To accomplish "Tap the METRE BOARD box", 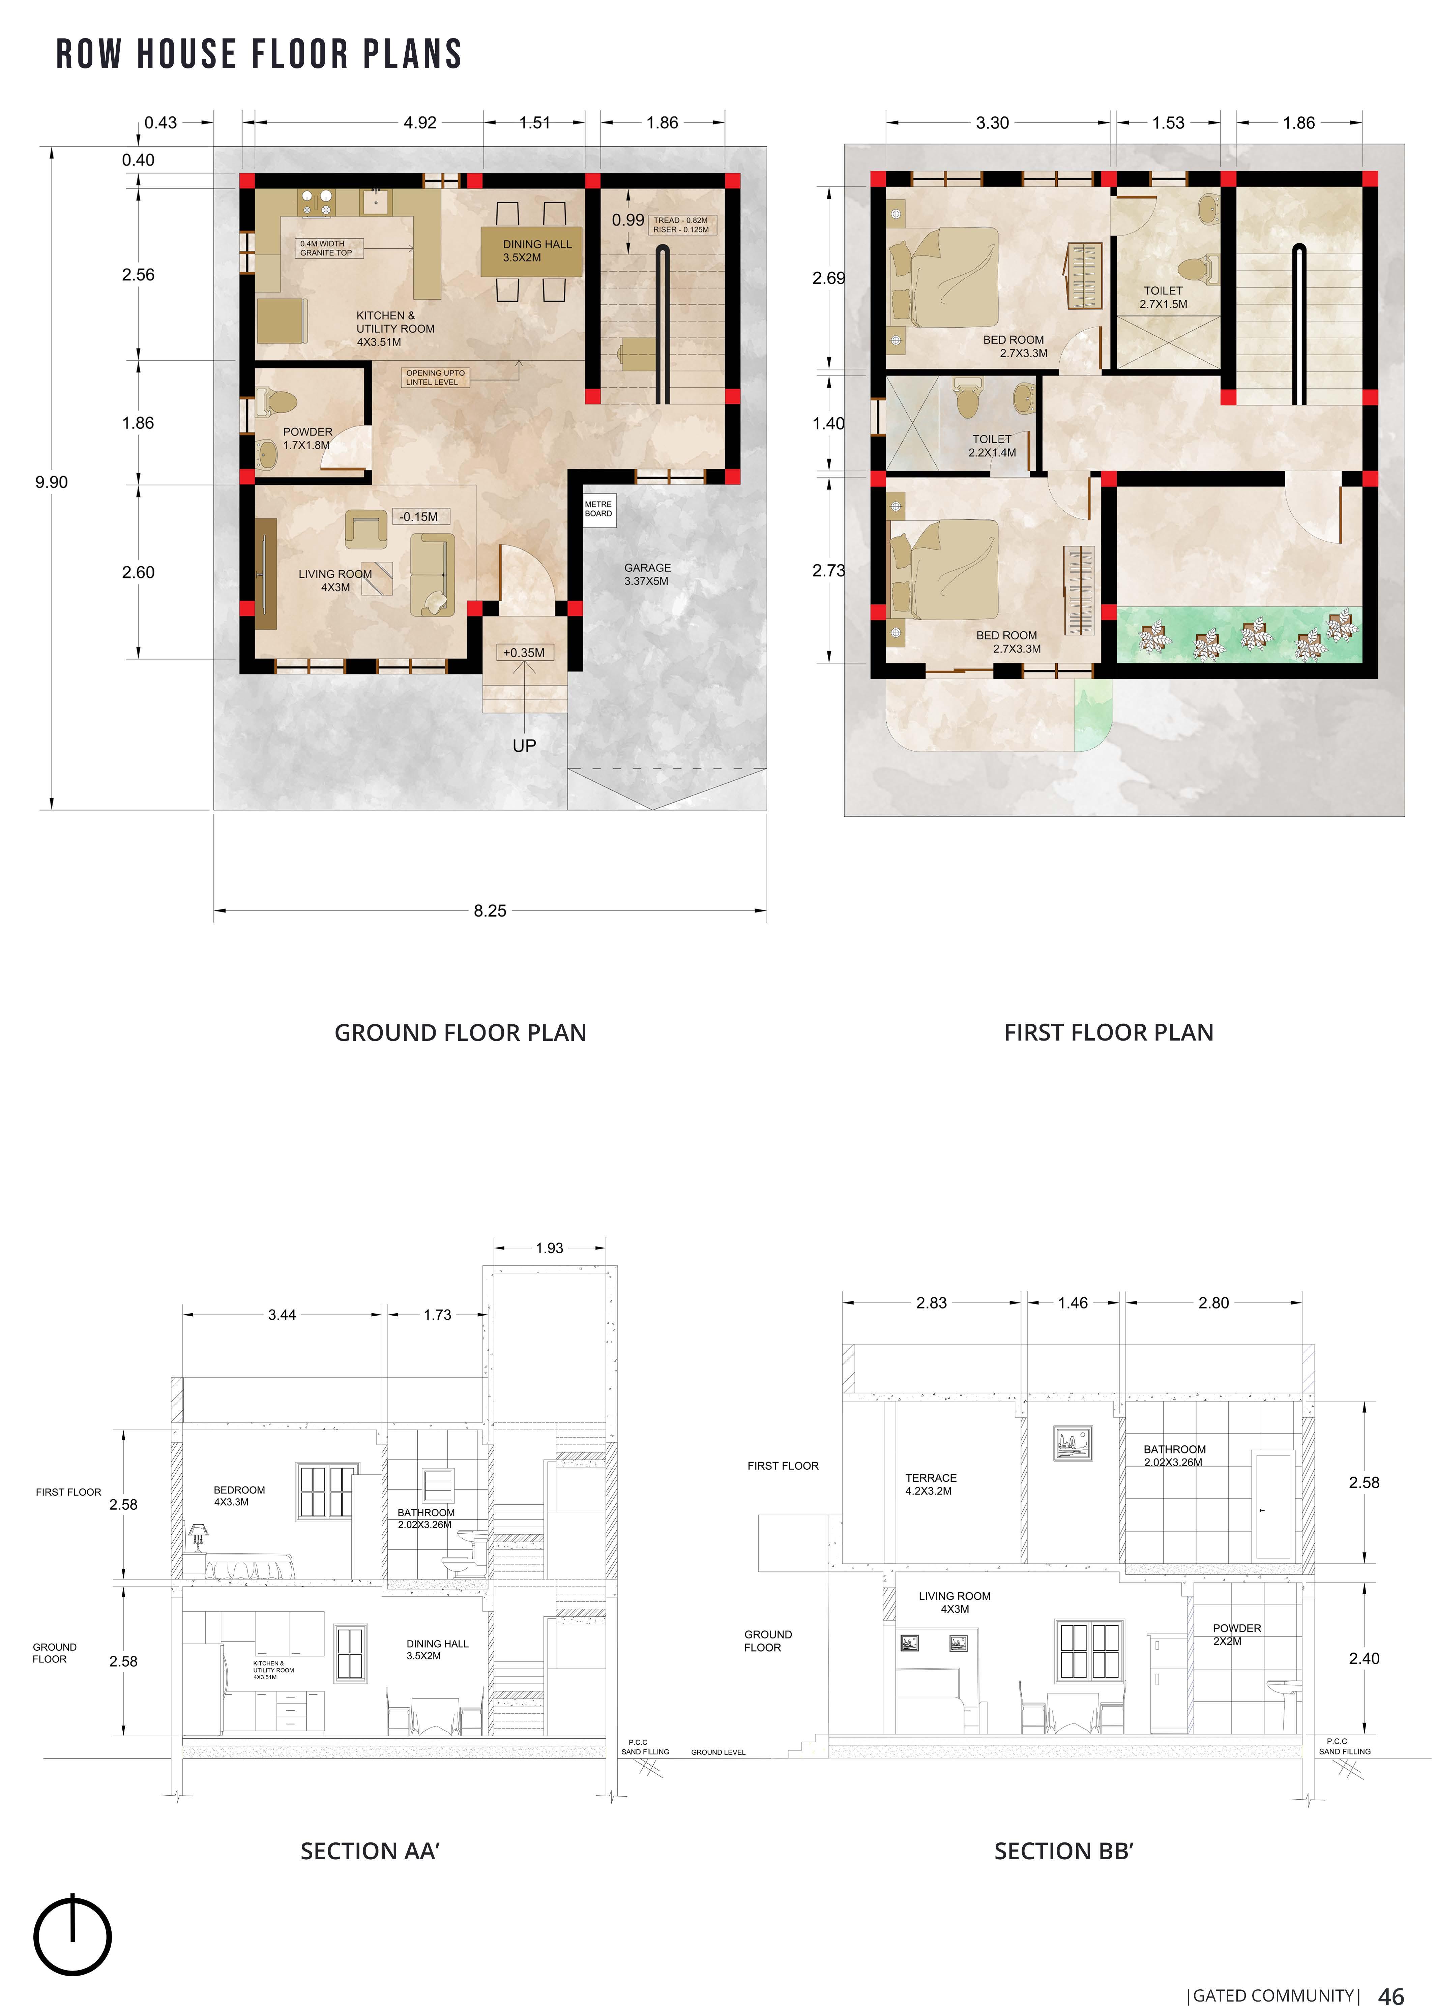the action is point(598,510).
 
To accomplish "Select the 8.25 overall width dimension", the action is point(490,910).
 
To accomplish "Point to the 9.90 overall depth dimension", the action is point(51,482).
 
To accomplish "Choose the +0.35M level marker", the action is point(524,653).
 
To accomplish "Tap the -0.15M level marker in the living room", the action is point(419,516).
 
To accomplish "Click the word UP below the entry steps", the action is point(524,745).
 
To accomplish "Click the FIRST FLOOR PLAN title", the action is point(1109,1032).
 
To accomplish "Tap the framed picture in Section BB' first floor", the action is point(1074,1443).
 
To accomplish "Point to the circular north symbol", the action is point(72,1936).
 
